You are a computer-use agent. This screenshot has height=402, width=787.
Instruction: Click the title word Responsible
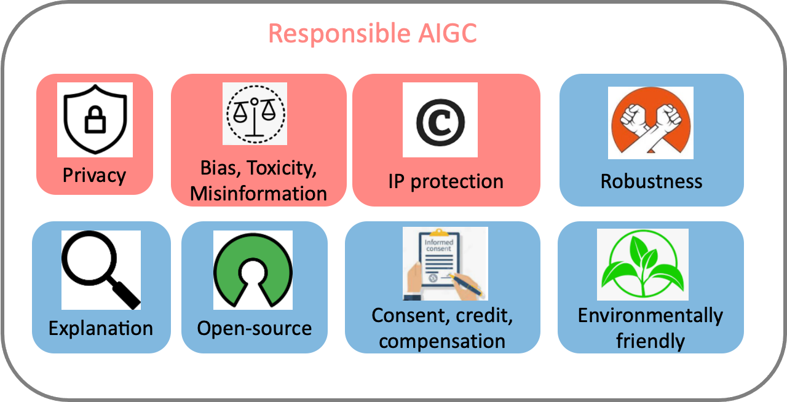(339, 34)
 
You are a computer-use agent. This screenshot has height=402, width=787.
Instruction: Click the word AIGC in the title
(448, 33)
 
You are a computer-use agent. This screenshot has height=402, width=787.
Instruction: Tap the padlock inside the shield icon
(95, 120)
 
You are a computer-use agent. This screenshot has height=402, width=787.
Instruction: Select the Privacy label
(94, 175)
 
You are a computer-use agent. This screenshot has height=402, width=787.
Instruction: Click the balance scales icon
(255, 114)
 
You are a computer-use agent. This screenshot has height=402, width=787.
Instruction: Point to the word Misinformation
(259, 194)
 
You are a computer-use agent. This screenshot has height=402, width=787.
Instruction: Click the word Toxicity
(282, 168)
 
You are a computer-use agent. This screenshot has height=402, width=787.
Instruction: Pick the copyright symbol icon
(441, 123)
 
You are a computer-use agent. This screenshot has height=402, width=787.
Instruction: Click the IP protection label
(446, 182)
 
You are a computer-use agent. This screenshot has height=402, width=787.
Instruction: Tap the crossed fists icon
(651, 122)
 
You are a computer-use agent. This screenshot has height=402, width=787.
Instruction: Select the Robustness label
(651, 181)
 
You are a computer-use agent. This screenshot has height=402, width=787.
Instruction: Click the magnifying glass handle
(127, 294)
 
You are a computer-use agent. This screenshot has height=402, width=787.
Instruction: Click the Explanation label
(101, 329)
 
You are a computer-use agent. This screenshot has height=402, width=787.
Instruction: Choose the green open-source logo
(253, 270)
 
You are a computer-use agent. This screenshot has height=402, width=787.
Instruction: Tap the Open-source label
(255, 329)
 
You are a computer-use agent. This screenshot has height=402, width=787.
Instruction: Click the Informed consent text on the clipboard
(439, 245)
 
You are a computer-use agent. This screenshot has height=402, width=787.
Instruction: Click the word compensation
(442, 341)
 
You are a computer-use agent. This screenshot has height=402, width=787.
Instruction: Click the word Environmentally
(651, 315)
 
